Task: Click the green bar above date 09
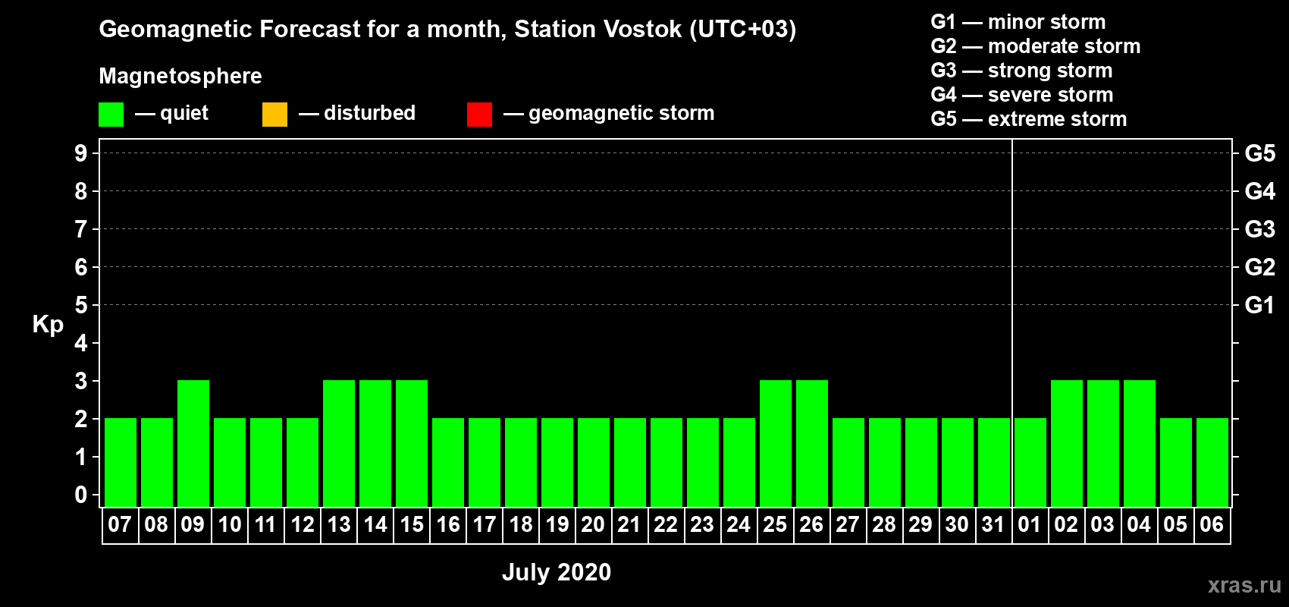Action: point(193,443)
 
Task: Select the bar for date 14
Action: point(375,443)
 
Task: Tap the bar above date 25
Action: point(776,443)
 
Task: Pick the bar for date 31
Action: point(994,462)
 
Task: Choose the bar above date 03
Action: point(1103,443)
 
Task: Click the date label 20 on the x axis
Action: point(593,524)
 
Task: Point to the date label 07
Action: point(120,524)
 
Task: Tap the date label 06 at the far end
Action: point(1212,524)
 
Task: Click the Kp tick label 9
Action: point(80,153)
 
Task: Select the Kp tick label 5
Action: point(80,305)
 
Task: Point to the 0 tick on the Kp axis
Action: point(80,495)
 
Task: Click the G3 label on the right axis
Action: point(1259,229)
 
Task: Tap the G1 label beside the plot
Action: point(1259,305)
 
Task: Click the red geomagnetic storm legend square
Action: point(480,114)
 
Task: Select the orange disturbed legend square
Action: point(274,114)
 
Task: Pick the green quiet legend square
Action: point(111,114)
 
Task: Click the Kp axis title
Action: point(48,325)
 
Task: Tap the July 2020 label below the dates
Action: point(557,572)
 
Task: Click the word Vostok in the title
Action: point(642,29)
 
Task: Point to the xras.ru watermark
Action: point(1244,585)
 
